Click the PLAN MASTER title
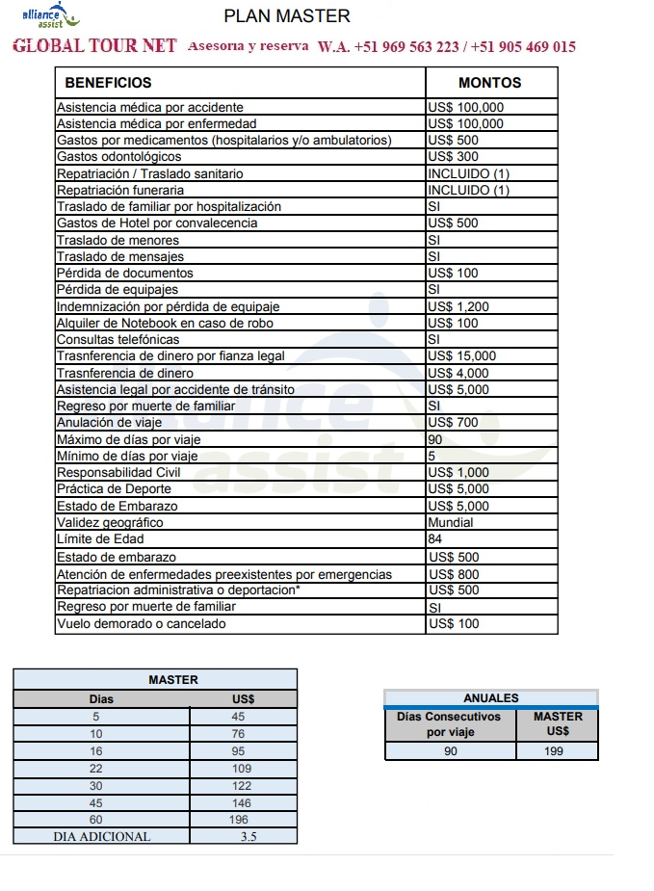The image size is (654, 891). pos(287,16)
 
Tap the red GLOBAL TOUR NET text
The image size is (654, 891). pos(94,46)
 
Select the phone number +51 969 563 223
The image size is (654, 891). pos(406,46)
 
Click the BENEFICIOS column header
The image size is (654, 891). pos(108,83)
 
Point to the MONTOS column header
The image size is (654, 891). pos(489,83)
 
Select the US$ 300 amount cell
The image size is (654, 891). pos(453,157)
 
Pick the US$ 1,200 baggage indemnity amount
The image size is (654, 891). pos(458,306)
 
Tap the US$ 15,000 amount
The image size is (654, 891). pos(461,356)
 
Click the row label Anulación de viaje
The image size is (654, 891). pos(109,423)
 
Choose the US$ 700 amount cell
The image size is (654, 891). pos(453,423)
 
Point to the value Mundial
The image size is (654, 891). pos(451,522)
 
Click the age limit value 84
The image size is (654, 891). pos(434,539)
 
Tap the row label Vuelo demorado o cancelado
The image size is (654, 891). pos(142,624)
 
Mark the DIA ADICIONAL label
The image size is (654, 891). pos(101,837)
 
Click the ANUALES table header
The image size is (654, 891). pos(490,698)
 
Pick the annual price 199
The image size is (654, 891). pos(554,751)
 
